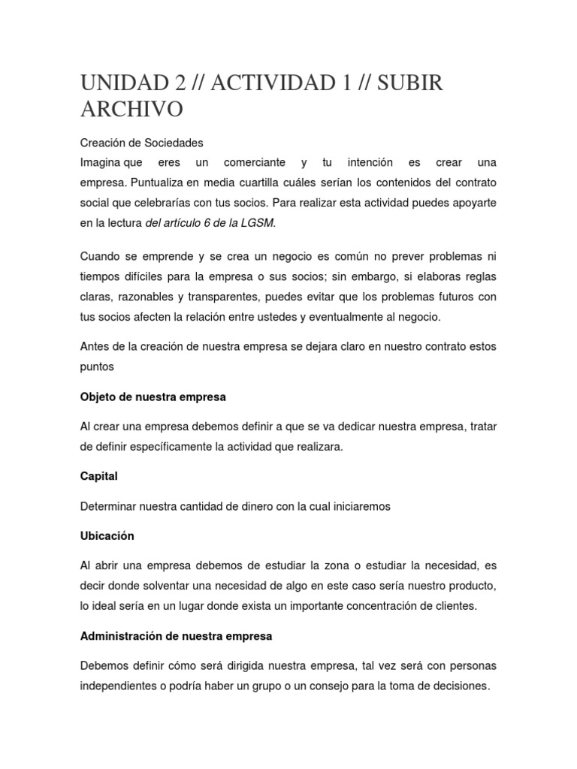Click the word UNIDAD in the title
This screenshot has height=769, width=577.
point(120,83)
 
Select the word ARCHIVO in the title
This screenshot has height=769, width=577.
point(131,109)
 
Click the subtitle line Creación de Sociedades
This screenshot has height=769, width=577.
point(141,143)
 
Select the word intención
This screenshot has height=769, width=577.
point(367,163)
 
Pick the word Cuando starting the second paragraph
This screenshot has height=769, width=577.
point(101,257)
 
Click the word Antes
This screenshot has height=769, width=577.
point(95,346)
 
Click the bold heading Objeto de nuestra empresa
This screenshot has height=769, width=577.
point(153,396)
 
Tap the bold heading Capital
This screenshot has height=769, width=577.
point(99,476)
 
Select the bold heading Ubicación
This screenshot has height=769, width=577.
point(107,536)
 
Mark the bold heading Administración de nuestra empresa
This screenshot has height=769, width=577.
point(176,636)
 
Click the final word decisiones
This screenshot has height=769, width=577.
point(458,686)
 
